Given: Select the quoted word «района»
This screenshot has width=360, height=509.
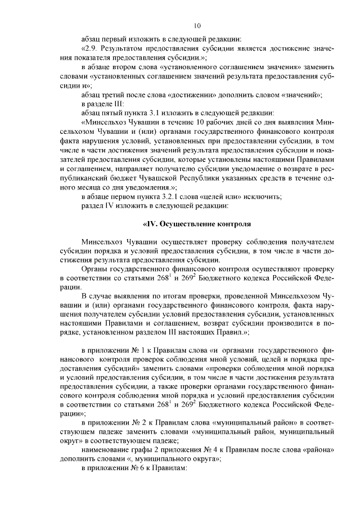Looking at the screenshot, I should point(318,449).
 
